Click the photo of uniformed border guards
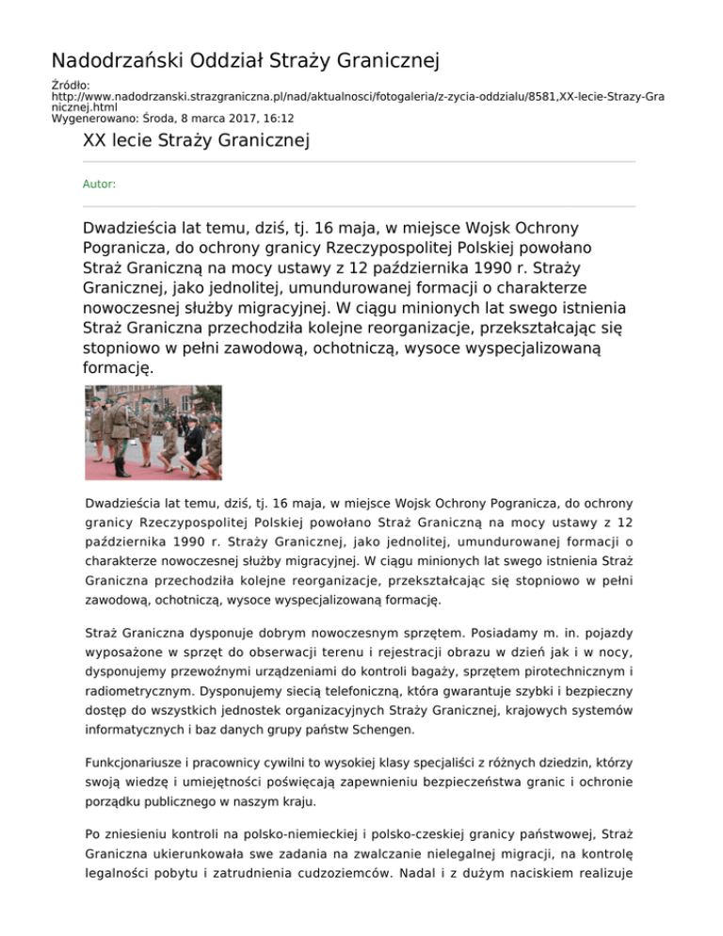point(153,432)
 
